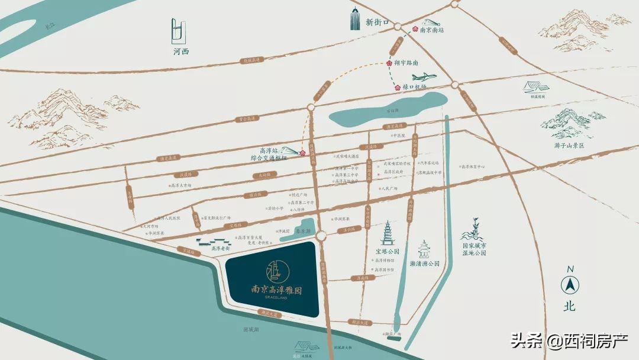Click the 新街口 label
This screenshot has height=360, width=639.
click(x=377, y=22)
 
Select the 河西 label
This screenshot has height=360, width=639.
click(x=180, y=52)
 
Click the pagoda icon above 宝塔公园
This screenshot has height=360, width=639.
click(x=388, y=233)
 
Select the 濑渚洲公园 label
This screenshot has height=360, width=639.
click(x=425, y=263)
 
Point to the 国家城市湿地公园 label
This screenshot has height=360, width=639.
click(x=475, y=249)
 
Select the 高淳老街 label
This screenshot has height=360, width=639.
click(x=220, y=249)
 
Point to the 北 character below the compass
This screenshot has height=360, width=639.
click(x=569, y=307)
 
